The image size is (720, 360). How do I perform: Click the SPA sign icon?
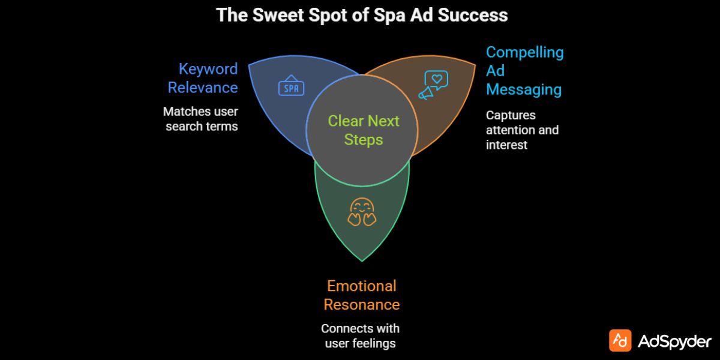[x=292, y=87]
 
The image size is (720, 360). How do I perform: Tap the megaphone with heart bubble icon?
[x=433, y=85]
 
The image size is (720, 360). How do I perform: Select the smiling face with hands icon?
[x=362, y=212]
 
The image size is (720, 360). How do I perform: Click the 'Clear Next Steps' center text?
[x=364, y=130]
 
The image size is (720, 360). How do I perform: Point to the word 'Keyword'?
[x=208, y=69]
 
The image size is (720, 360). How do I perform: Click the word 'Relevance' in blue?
[x=203, y=88]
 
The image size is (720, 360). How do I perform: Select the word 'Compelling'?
[x=524, y=52]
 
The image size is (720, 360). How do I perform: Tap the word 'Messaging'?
[x=523, y=89]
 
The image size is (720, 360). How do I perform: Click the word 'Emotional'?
[x=361, y=286]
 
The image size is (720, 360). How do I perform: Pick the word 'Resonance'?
[x=361, y=304]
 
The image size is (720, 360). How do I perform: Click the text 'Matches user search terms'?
[x=201, y=119]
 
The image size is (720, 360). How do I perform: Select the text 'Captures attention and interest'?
[x=521, y=130]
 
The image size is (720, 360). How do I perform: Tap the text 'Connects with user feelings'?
[x=360, y=336]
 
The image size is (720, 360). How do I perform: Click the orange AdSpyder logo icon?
[x=620, y=340]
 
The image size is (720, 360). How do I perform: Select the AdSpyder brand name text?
[x=674, y=341]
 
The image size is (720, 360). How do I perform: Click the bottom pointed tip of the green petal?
[x=362, y=260]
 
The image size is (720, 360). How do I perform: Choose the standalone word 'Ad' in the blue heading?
[x=495, y=71]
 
